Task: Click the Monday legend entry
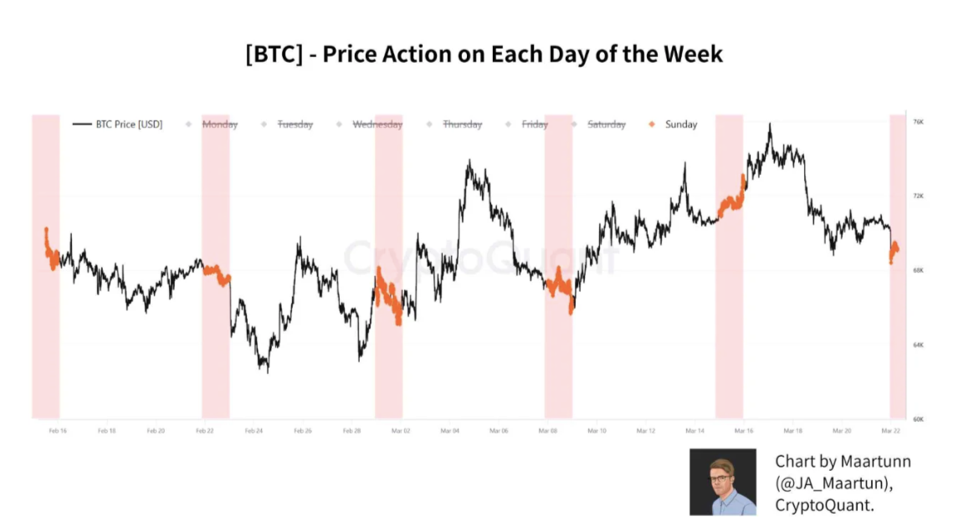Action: click(x=219, y=125)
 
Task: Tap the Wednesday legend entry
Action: click(x=377, y=125)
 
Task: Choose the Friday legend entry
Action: click(x=534, y=125)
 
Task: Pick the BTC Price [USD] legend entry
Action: click(x=126, y=125)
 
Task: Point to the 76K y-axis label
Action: click(x=918, y=122)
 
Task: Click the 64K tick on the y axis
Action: click(x=918, y=345)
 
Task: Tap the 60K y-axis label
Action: click(x=918, y=419)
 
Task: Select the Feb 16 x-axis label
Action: click(x=58, y=431)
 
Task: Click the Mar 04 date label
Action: click(x=449, y=431)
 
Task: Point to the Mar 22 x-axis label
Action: click(x=890, y=431)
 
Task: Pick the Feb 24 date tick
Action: click(x=254, y=431)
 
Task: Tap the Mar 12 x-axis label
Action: click(x=645, y=431)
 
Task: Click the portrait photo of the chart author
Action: click(x=722, y=481)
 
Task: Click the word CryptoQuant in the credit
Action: click(x=823, y=505)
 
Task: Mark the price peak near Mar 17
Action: click(x=769, y=125)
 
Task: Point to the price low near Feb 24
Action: click(x=267, y=371)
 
